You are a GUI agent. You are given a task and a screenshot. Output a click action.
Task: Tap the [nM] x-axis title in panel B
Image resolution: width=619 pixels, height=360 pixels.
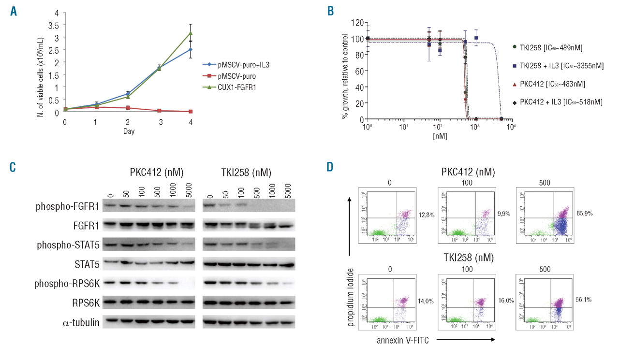(x=440, y=137)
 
